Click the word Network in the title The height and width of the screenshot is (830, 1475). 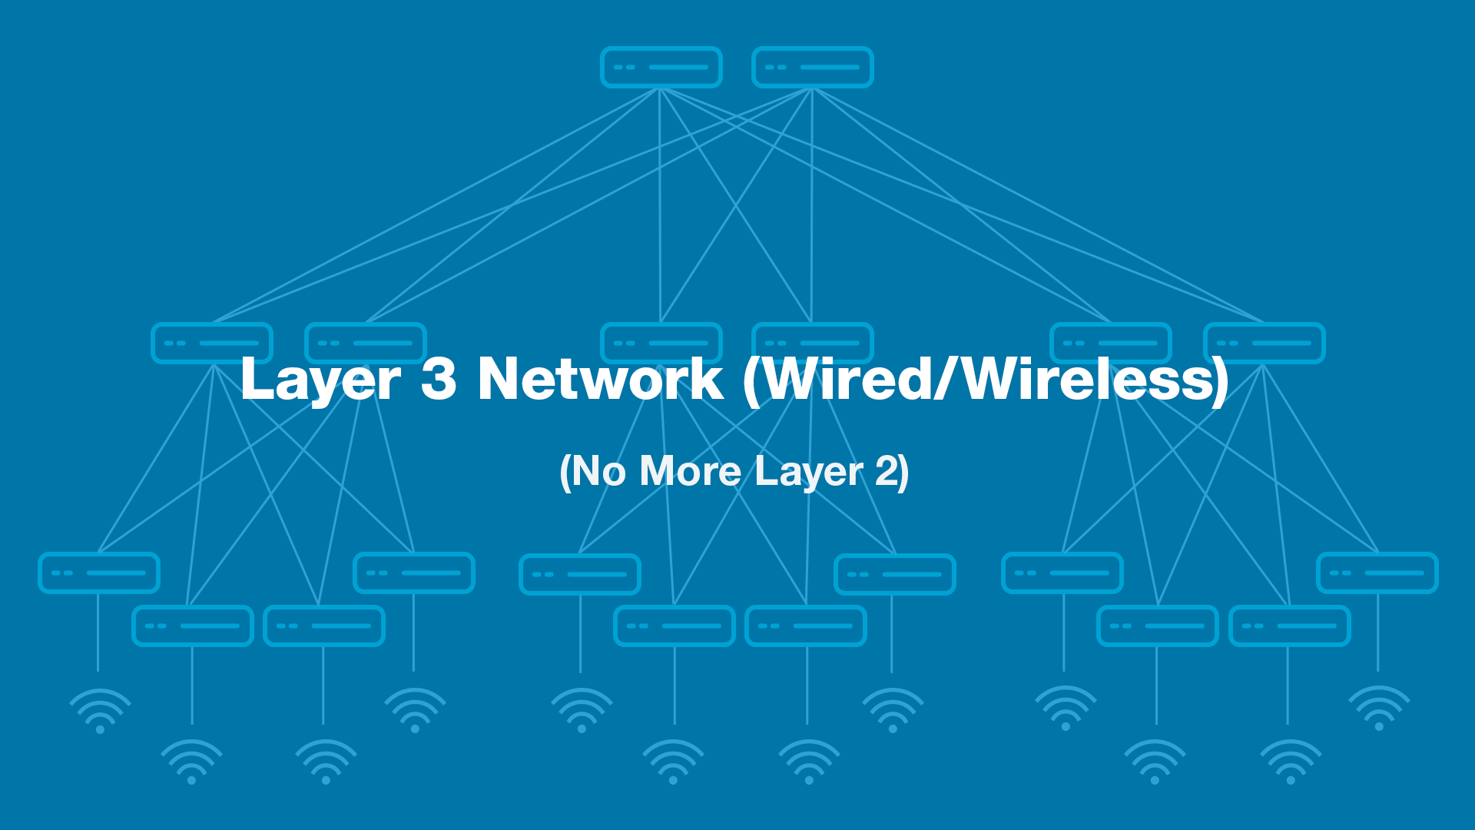pyautogui.click(x=600, y=379)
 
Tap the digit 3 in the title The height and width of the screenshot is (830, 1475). pyautogui.click(x=439, y=379)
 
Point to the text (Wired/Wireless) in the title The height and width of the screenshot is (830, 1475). pyautogui.click(x=986, y=380)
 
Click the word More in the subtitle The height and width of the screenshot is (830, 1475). pyautogui.click(x=690, y=471)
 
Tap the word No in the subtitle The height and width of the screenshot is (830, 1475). pyautogui.click(x=598, y=471)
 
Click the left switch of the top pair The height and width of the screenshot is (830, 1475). pyautogui.click(x=661, y=68)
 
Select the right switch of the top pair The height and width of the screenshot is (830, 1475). pyautogui.click(x=813, y=68)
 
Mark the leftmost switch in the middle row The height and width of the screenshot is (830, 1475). pyautogui.click(x=212, y=343)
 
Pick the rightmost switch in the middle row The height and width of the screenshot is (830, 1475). pyautogui.click(x=1265, y=343)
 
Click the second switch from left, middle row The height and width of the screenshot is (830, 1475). pyautogui.click(x=366, y=343)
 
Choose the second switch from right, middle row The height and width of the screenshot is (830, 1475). pyautogui.click(x=1111, y=343)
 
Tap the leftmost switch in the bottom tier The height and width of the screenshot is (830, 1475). pyautogui.click(x=99, y=573)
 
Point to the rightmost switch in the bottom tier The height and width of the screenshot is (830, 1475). pyautogui.click(x=1377, y=573)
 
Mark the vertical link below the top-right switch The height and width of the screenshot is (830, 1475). pyautogui.click(x=812, y=205)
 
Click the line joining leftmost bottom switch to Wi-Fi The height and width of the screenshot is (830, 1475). pyautogui.click(x=98, y=632)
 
